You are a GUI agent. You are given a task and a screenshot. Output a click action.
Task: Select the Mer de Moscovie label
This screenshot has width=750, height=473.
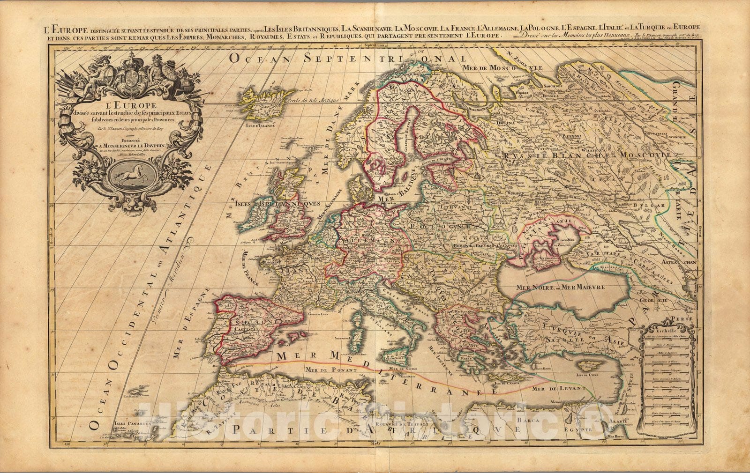pos(502,68)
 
